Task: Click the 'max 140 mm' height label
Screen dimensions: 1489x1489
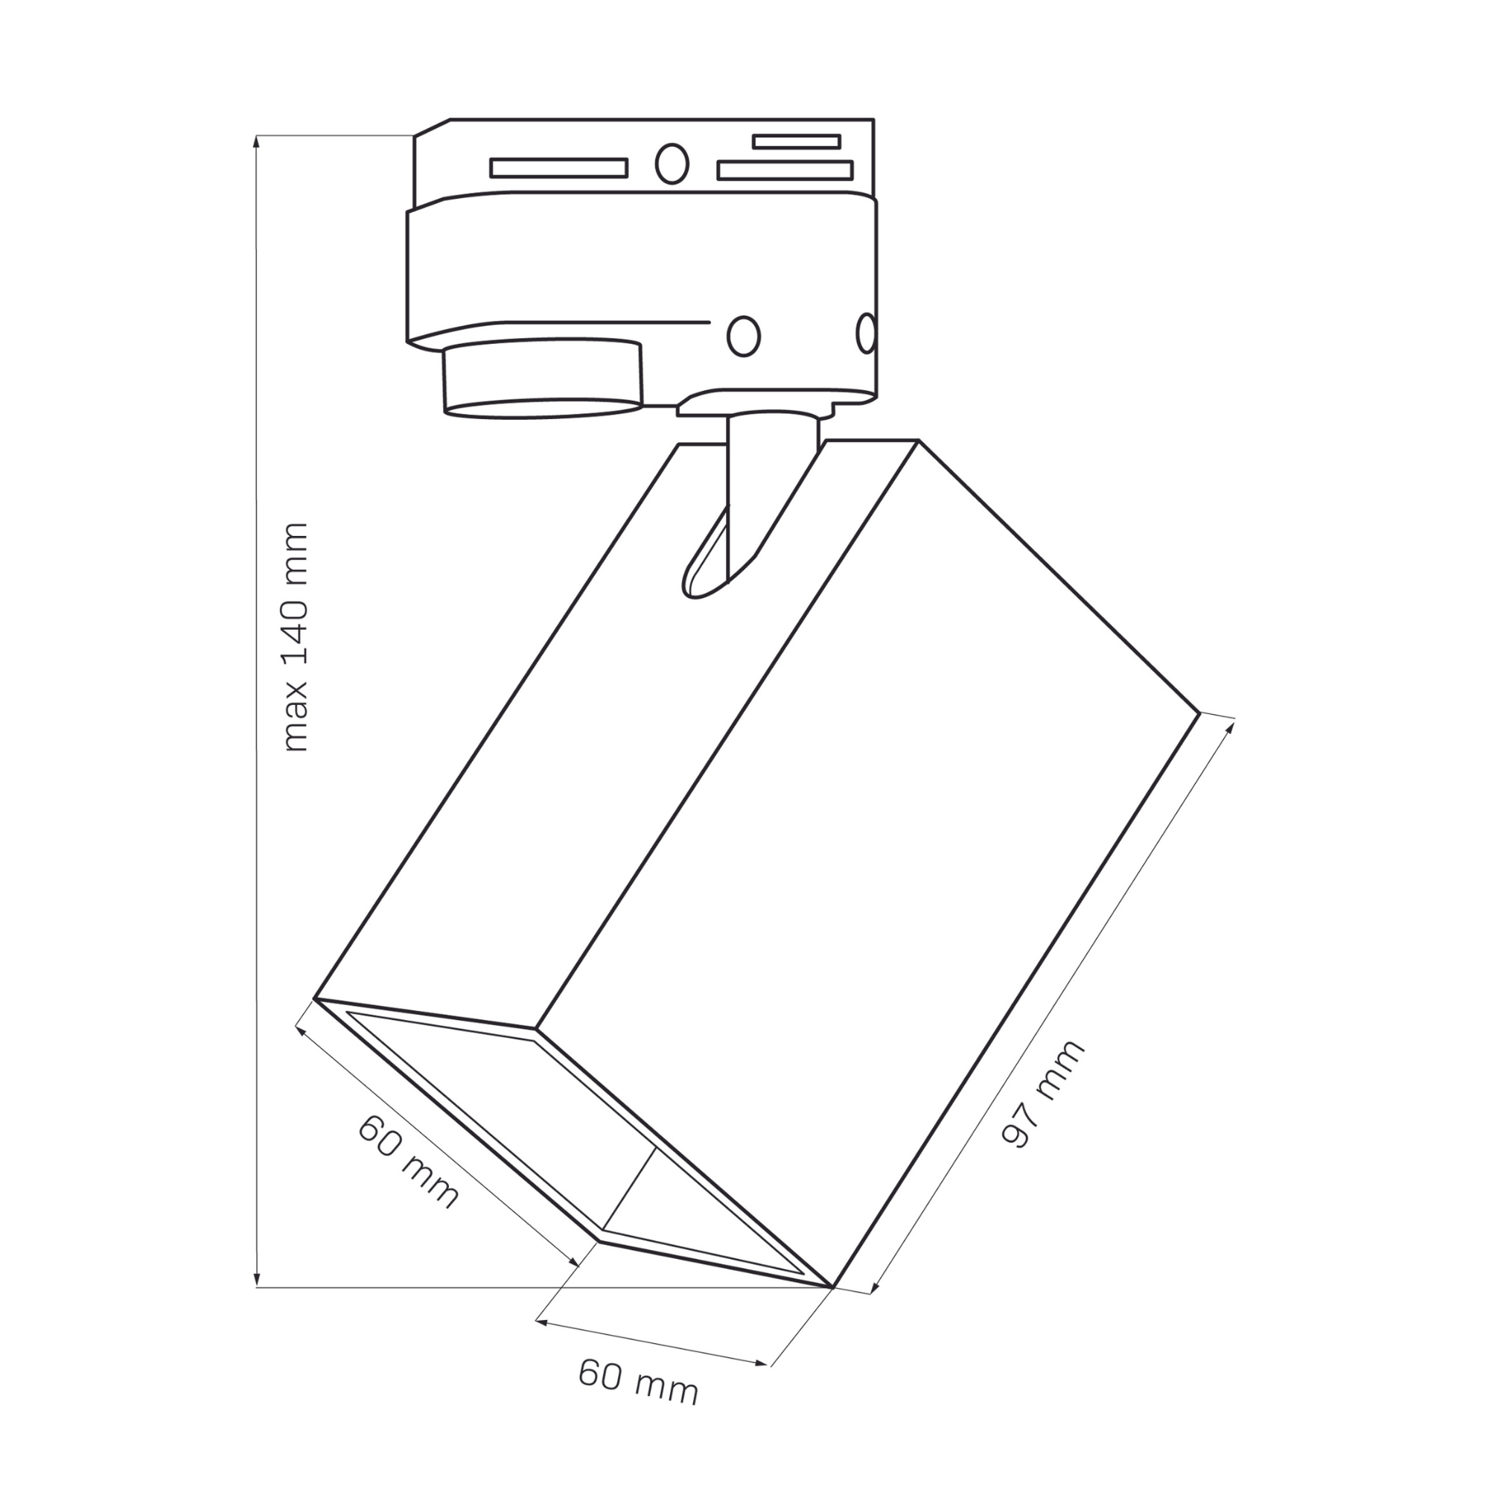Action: point(296,637)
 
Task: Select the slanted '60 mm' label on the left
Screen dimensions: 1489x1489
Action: point(408,1161)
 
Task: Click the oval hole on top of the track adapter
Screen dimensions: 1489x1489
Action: point(672,163)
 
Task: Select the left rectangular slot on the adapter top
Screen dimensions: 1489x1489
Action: point(559,168)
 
